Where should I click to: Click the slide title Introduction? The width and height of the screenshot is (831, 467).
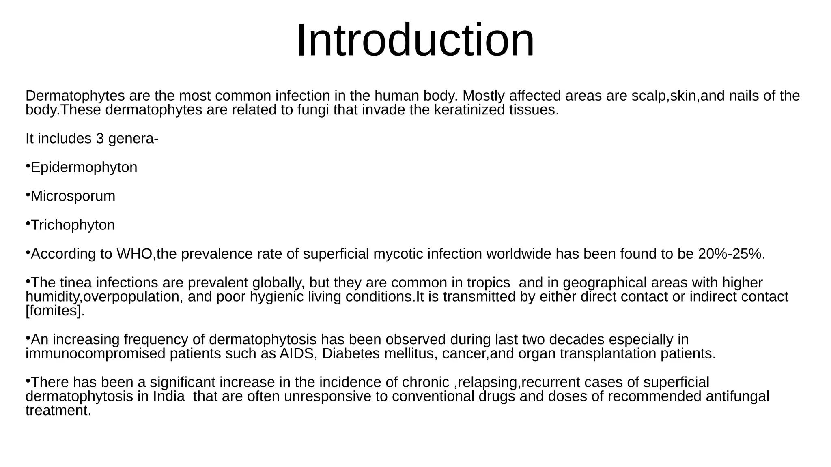[x=415, y=41]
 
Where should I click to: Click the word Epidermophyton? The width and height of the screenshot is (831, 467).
[x=84, y=167]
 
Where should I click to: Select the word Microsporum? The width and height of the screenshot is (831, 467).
[x=73, y=196]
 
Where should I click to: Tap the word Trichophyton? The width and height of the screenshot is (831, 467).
[x=73, y=225]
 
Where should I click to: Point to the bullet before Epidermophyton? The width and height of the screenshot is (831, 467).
[x=28, y=166]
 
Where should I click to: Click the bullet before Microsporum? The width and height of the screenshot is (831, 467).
[x=28, y=195]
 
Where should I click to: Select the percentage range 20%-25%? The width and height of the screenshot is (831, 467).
[x=731, y=254]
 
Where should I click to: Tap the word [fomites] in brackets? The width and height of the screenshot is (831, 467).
[x=55, y=311]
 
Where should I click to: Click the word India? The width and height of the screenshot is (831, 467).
[x=169, y=396]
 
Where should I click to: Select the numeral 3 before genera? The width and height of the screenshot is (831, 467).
[x=100, y=139]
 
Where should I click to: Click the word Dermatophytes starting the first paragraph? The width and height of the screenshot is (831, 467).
[x=75, y=96]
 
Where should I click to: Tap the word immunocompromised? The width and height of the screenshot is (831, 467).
[x=95, y=353]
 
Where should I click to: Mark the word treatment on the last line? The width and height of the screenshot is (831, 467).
[x=58, y=411]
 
